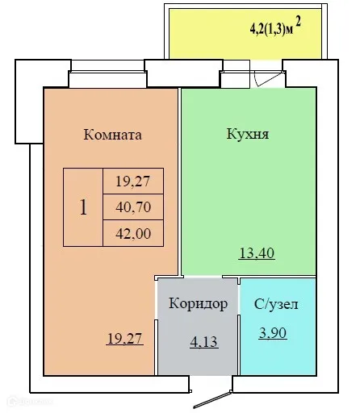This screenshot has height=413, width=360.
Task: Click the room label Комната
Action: pos(112,135)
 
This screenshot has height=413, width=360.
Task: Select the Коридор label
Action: pos(198,304)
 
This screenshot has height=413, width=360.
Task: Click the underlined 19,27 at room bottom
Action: pos(124,340)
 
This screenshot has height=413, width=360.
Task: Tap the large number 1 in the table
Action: pos(83,206)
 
